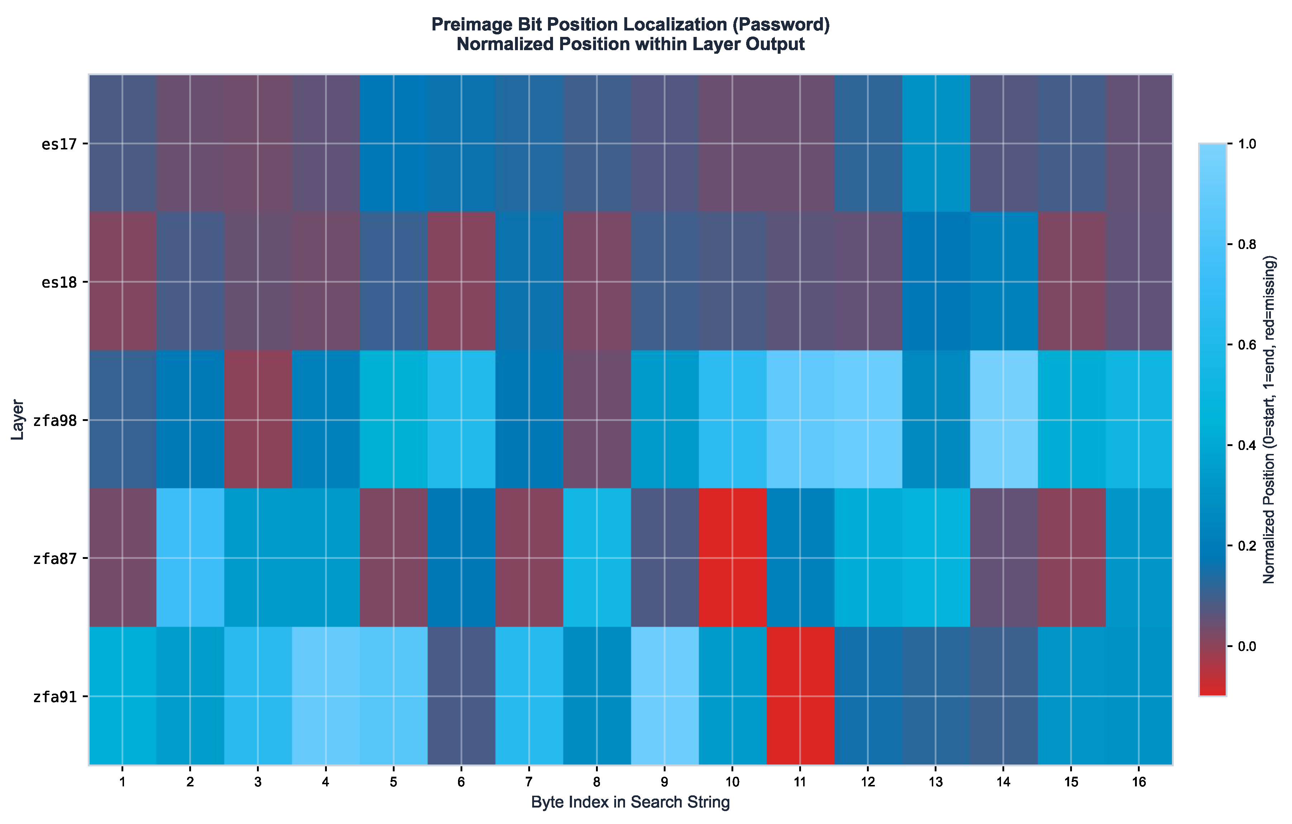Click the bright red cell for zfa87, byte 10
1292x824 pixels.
tap(733, 557)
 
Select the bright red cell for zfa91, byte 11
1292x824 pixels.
tap(800, 696)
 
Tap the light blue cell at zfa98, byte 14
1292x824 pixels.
tap(1003, 420)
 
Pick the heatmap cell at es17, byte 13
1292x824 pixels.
tap(936, 143)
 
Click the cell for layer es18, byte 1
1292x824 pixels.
tap(122, 281)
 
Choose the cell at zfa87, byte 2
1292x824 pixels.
tap(190, 557)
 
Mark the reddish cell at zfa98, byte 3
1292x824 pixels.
tap(258, 420)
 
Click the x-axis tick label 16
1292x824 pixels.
tap(1139, 782)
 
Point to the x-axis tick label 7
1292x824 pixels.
tap(529, 782)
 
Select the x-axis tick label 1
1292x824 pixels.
tap(122, 782)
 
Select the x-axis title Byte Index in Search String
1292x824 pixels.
tap(630, 803)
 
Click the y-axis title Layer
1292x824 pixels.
tap(17, 420)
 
